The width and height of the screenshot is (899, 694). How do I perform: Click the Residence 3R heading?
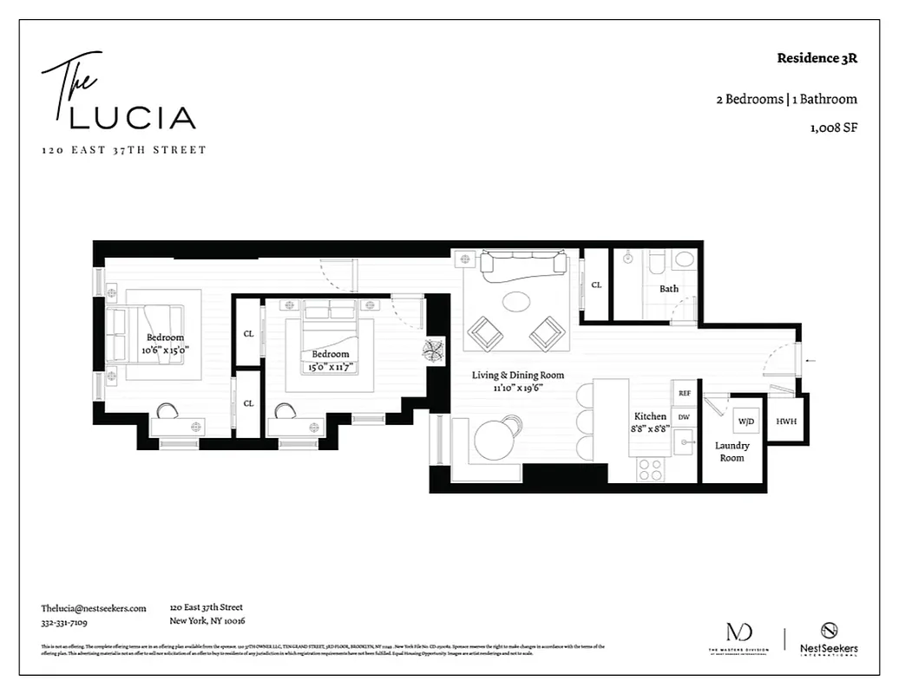pos(817,59)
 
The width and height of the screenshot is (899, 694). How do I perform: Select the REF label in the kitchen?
pos(684,393)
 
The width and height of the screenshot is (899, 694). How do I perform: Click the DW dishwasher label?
pos(684,416)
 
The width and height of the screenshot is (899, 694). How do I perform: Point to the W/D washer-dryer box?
pos(745,422)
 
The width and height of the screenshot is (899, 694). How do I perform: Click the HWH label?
pos(786,422)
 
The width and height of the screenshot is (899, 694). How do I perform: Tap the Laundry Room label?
pos(732,452)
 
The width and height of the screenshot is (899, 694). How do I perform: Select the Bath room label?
pos(668,288)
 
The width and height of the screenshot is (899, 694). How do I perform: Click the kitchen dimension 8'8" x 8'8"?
pos(649,429)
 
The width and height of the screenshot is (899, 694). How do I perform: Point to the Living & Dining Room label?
pos(517,376)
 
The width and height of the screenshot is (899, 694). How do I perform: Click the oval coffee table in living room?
pos(517,301)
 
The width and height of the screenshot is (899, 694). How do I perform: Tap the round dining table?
pos(495,438)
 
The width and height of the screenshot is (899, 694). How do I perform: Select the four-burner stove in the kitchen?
pos(651,468)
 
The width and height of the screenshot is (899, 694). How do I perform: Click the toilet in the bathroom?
pos(685,259)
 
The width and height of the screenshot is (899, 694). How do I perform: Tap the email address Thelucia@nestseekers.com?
pos(94,608)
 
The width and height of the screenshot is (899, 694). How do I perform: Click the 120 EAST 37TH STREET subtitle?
pos(124,150)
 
